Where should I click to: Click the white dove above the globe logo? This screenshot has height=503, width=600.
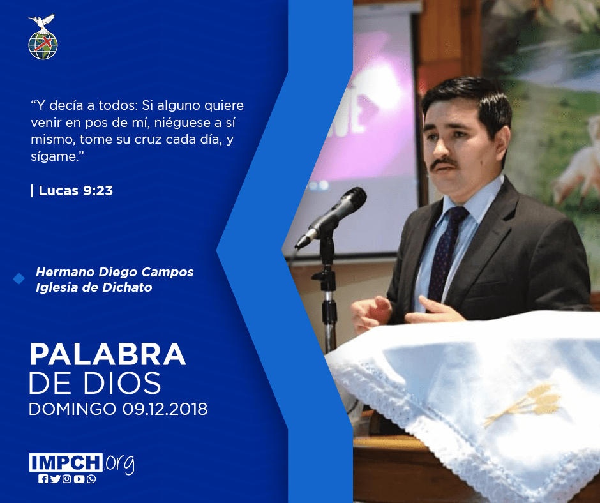click(x=41, y=22)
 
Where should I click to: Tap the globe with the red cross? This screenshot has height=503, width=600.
click(x=43, y=45)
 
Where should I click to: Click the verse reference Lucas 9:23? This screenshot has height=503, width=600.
click(x=76, y=191)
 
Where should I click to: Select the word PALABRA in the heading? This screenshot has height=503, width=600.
click(x=107, y=354)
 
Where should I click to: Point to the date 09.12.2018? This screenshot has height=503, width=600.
click(x=165, y=409)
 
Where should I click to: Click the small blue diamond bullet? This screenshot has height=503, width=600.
click(x=19, y=279)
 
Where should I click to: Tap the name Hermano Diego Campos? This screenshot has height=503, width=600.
click(x=115, y=272)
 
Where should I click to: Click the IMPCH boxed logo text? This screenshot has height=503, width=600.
click(x=66, y=462)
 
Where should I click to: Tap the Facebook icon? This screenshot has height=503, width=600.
click(x=43, y=479)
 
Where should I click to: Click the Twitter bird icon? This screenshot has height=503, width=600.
click(x=55, y=479)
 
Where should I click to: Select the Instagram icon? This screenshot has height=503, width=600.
click(x=67, y=479)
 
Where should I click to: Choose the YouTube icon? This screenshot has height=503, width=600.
click(x=79, y=479)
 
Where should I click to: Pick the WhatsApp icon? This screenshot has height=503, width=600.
click(x=91, y=479)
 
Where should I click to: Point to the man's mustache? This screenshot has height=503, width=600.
click(x=443, y=163)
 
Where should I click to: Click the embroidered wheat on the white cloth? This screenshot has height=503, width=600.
click(x=525, y=403)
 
